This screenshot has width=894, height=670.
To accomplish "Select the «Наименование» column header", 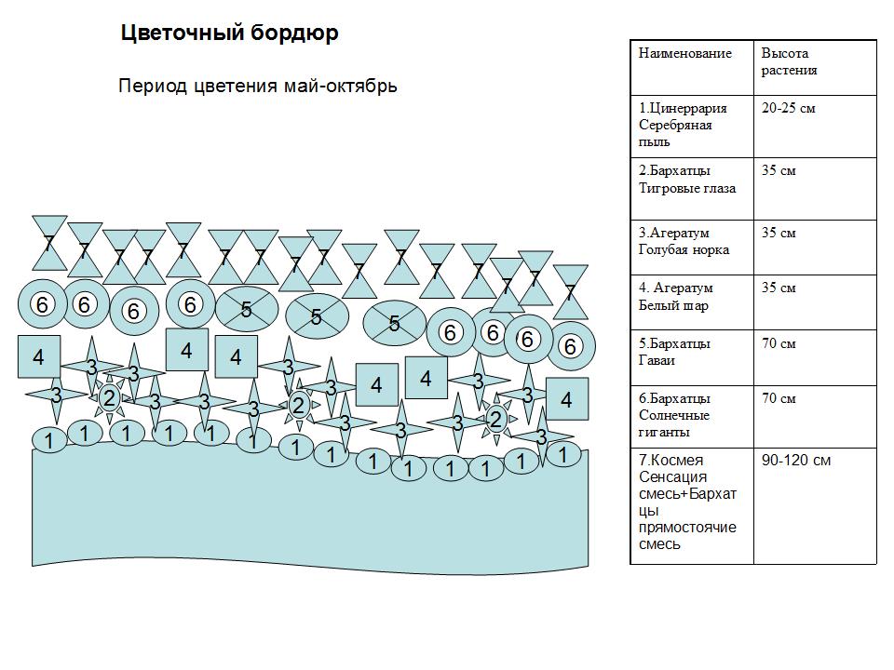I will tap(684, 54).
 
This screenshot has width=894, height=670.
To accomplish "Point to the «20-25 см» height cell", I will tap(788, 108).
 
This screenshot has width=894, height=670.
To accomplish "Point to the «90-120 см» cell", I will tap(796, 460).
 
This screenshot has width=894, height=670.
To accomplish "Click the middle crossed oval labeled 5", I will tap(317, 317).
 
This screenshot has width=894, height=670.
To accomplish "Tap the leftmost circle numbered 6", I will tap(41, 304).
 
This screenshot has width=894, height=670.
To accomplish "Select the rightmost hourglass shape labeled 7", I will tap(570, 292).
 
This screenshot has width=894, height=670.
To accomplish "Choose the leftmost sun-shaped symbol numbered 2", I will tap(109, 399).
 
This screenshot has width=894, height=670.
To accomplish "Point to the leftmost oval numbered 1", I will tap(49, 439).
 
